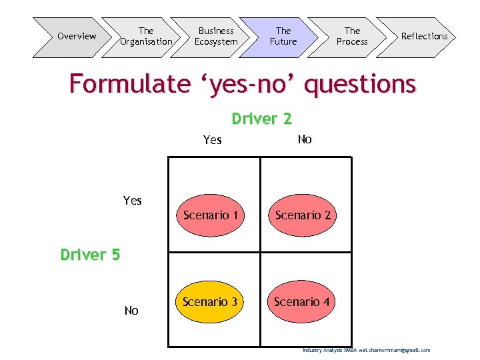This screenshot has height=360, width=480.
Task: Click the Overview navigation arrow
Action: point(75,37)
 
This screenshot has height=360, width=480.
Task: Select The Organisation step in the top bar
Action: point(145,37)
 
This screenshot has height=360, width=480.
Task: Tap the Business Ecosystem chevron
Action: point(215,37)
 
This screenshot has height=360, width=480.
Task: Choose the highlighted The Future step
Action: point(283,37)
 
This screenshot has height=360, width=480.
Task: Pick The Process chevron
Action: point(352,37)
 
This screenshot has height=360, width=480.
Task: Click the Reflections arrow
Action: point(424,37)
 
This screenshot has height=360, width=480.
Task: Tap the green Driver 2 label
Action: point(261,119)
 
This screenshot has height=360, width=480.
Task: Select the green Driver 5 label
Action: point(90,255)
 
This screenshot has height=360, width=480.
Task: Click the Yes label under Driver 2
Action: point(212,140)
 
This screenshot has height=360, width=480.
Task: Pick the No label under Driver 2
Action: point(305,139)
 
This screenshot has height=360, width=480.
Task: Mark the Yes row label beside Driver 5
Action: point(133,201)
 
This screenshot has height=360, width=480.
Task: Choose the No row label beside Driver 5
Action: point(131,311)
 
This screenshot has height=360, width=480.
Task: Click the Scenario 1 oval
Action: point(210,215)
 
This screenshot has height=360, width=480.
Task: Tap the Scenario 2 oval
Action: point(303,215)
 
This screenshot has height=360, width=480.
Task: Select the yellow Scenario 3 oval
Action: point(210,302)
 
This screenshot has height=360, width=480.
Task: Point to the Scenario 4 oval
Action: point(302,302)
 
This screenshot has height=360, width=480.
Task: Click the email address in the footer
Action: point(395,351)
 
